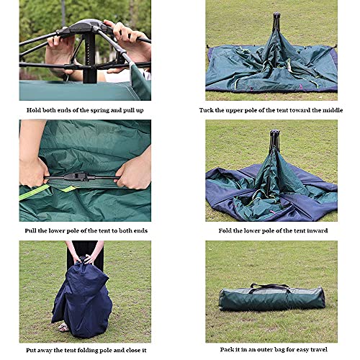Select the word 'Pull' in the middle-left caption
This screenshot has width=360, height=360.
(x=30, y=230)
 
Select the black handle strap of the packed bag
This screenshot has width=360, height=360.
(x=269, y=287)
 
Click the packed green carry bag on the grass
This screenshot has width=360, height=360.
(x=272, y=298)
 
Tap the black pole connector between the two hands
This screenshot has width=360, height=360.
(x=77, y=177)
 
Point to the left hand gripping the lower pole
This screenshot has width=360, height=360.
(x=34, y=172)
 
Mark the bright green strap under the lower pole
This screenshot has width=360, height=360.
(x=35, y=192)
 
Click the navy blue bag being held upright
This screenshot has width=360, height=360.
(x=82, y=298)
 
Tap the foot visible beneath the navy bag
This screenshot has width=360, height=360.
(x=63, y=327)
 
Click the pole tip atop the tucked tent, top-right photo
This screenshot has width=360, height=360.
(x=276, y=14)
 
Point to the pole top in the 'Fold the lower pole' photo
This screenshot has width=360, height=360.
(x=275, y=133)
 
